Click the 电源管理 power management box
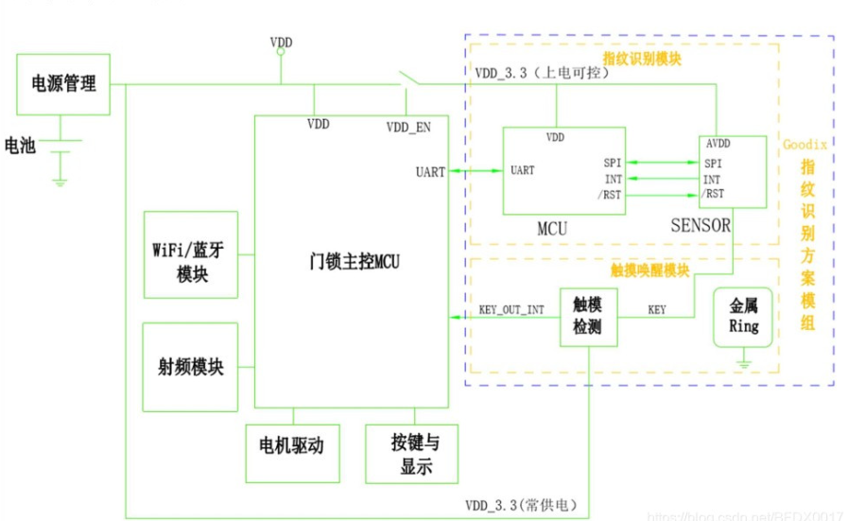pyautogui.click(x=64, y=83)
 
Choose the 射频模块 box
pyautogui.click(x=189, y=367)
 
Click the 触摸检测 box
pyautogui.click(x=588, y=317)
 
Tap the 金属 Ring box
pyautogui.click(x=743, y=319)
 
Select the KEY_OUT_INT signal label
pyautogui.click(x=511, y=309)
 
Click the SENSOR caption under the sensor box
pyautogui.click(x=701, y=225)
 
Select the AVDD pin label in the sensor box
pyautogui.click(x=720, y=143)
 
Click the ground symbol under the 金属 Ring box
pyautogui.click(x=744, y=361)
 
